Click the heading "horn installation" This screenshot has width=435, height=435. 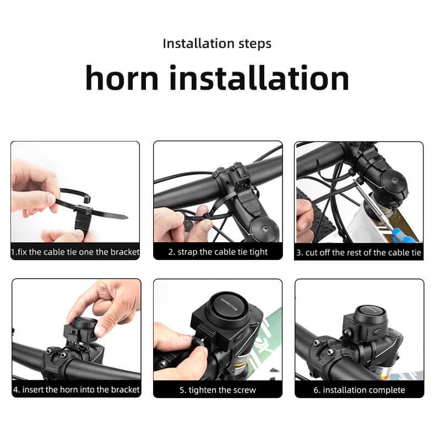(x=217, y=78)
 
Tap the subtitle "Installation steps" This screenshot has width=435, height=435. (x=217, y=44)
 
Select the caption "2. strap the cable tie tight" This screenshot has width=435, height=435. (x=218, y=252)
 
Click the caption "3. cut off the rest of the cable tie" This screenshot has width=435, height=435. (x=358, y=252)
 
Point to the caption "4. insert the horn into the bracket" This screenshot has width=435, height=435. (x=77, y=389)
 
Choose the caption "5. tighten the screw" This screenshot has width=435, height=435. (x=218, y=390)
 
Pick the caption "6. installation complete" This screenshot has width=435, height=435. (x=359, y=390)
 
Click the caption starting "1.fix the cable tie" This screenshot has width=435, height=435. (x=75, y=252)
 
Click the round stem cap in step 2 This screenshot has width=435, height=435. (x=264, y=229)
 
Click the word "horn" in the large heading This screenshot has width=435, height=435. (x=122, y=78)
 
